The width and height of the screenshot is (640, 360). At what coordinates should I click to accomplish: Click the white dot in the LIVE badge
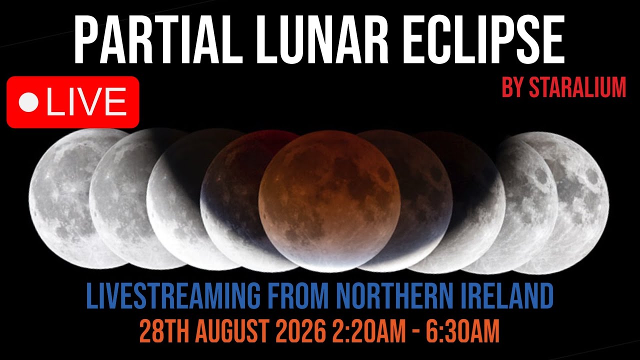[28, 102]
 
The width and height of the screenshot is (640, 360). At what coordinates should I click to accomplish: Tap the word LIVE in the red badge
[86, 102]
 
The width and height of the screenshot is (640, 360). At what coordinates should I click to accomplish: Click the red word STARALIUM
[577, 88]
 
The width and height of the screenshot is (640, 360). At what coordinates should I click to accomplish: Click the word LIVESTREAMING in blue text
[173, 297]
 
